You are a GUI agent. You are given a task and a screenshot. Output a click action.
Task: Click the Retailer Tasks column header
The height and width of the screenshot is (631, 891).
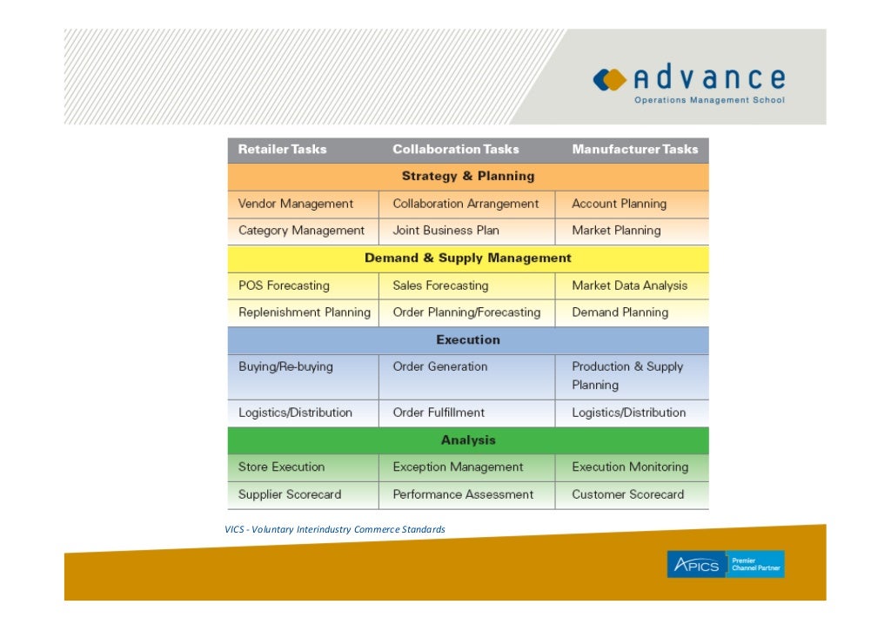(282, 150)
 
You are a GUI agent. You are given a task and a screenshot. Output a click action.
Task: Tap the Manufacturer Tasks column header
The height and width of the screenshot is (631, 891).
(634, 150)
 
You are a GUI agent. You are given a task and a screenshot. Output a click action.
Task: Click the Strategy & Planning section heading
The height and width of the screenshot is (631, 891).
(468, 177)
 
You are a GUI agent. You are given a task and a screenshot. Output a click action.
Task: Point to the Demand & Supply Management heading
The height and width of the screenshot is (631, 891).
(468, 258)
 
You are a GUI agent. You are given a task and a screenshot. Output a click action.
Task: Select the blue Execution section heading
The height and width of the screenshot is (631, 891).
(468, 340)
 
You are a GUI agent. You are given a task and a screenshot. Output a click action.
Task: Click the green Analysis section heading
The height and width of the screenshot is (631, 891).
(468, 440)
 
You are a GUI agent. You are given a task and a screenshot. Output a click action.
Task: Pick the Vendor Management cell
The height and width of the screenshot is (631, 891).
(296, 204)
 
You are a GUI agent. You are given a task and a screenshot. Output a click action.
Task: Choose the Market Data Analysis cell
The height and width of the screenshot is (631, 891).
(629, 285)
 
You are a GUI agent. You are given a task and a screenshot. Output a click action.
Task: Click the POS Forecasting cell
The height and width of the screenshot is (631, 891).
(284, 285)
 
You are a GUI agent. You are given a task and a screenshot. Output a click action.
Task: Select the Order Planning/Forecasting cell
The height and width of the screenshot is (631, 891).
(466, 312)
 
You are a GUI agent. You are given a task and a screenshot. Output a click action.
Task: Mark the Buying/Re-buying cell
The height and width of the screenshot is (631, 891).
(285, 367)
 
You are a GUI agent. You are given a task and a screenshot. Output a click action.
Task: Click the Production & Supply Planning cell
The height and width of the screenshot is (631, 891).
(627, 376)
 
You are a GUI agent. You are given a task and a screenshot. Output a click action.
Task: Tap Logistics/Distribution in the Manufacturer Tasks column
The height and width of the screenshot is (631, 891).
(628, 413)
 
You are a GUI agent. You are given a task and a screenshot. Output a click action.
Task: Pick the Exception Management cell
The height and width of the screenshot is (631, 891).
(458, 467)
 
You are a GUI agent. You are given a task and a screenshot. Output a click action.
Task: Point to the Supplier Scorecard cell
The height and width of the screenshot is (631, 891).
(290, 494)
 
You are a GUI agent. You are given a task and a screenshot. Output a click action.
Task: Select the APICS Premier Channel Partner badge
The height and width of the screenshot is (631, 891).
(725, 564)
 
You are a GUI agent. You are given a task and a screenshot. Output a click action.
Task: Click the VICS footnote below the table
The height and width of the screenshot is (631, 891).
(335, 529)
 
